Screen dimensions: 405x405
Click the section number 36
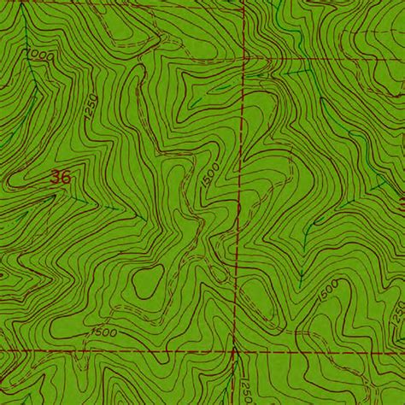tap(60, 178)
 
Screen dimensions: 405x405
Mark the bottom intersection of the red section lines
tap(233, 349)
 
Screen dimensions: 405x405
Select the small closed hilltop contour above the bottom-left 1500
tap(147, 279)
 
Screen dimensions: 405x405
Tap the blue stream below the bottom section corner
tap(229, 380)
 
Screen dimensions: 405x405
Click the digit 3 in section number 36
tap(55, 178)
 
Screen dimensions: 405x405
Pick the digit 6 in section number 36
tap(65, 178)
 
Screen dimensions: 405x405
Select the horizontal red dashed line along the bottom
tap(111, 350)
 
